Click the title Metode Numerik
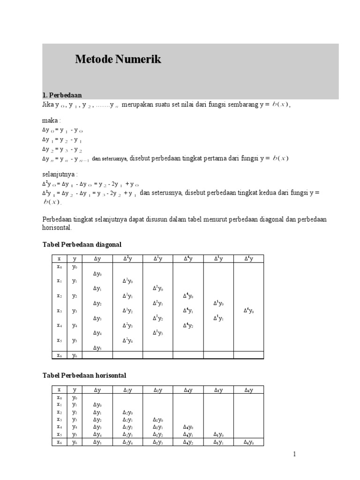tap(118, 60)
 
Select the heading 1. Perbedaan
tap(62, 95)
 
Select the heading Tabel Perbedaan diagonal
tap(82, 244)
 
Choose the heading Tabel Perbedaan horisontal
tap(84, 375)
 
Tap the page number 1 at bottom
tap(295, 454)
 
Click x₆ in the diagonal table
tap(59, 355)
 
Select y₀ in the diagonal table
tap(75, 267)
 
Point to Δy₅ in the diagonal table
tap(97, 348)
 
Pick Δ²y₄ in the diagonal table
tap(127, 340)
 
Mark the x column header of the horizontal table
tap(59, 390)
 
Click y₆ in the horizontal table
tap(75, 442)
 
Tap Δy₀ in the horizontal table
tap(97, 405)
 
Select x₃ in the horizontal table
tap(59, 420)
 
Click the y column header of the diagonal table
tap(75, 258)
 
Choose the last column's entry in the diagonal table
tap(248, 310)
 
